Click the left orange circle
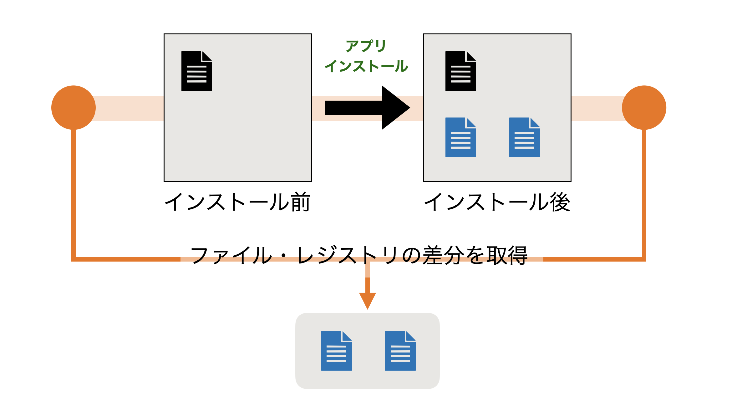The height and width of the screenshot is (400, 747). coord(74,107)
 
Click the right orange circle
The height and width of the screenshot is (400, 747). coord(644,107)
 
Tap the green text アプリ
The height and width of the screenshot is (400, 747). coord(366,46)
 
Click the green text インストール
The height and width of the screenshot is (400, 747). coord(366,66)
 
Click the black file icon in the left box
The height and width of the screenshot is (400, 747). coord(196,71)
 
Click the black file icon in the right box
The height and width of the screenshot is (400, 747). coord(460,71)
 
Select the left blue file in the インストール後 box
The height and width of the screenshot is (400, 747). coord(460,137)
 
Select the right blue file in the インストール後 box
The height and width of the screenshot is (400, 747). coord(524,137)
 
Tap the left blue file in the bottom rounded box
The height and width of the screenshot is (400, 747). coord(336,351)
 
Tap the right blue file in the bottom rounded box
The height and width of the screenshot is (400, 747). coord(400,351)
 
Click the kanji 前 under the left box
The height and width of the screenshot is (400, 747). coord(300,202)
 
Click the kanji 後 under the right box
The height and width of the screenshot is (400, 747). coord(560,202)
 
